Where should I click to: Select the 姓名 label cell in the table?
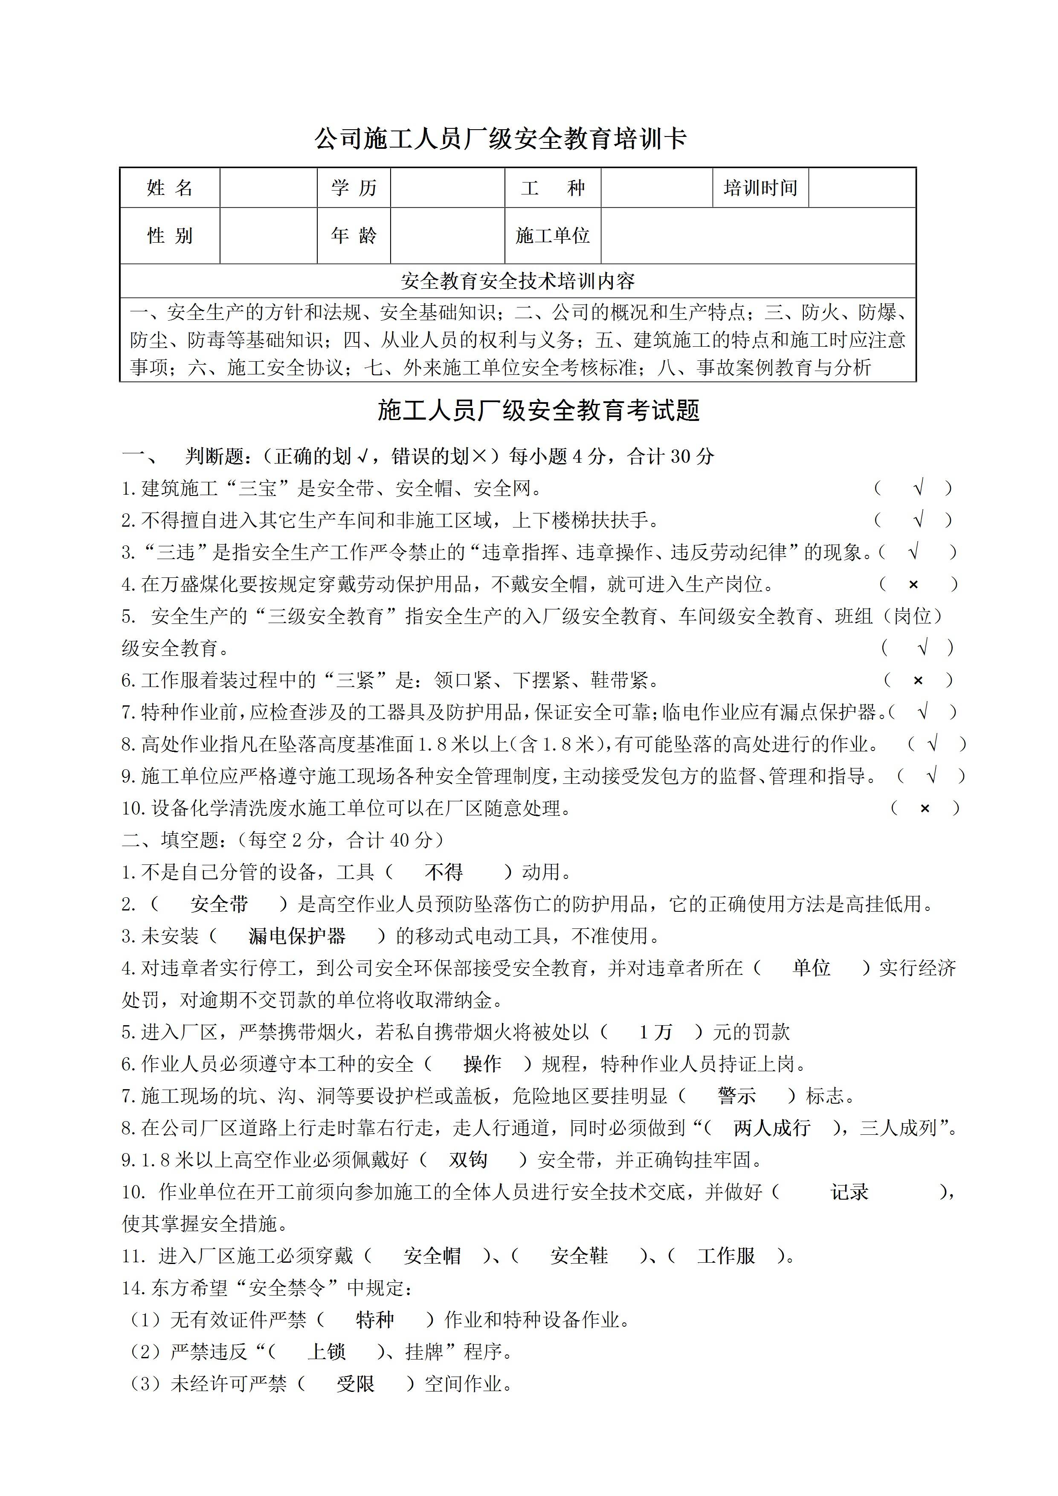(x=170, y=188)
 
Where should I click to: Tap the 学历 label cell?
(x=354, y=188)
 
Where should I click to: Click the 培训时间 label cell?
(x=760, y=188)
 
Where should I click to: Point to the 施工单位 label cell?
(x=552, y=236)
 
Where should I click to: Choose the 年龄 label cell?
(x=354, y=236)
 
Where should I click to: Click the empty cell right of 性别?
(x=268, y=236)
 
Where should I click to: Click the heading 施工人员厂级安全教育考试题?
(x=538, y=411)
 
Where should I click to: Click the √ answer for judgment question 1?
(x=919, y=488)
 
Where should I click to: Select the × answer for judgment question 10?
(x=925, y=809)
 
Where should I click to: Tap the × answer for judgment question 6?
(x=918, y=681)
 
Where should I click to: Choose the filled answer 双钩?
(x=468, y=1160)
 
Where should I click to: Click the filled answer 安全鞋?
(x=579, y=1255)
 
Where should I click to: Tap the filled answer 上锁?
(x=326, y=1351)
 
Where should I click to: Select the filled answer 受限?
(x=355, y=1383)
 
